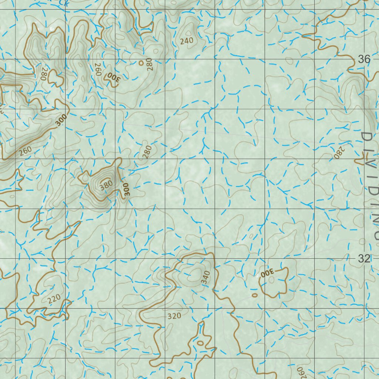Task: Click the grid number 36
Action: click(x=364, y=59)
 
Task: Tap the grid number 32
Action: click(x=364, y=259)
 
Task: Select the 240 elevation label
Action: click(x=187, y=41)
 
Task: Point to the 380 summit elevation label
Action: click(x=106, y=185)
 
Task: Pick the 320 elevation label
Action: click(x=174, y=316)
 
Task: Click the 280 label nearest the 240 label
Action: click(x=149, y=64)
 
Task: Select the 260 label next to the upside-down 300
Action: click(x=98, y=69)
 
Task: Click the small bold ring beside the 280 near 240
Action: click(x=141, y=63)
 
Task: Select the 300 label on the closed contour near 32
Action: click(x=267, y=273)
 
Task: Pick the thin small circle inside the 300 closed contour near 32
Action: click(x=272, y=280)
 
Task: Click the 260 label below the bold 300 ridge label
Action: click(x=25, y=151)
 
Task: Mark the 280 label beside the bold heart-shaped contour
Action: click(x=44, y=74)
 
